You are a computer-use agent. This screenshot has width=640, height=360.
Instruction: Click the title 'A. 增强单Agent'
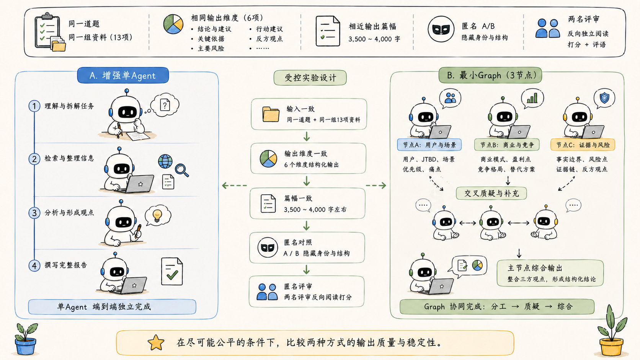pos(123,75)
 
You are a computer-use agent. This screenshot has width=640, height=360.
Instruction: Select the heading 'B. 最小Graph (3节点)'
pos(490,75)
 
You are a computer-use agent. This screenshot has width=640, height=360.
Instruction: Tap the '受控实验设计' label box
pos(310,78)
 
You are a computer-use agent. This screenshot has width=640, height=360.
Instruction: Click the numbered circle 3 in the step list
pos(34,213)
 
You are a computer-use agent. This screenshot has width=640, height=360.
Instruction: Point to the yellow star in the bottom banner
pos(156,342)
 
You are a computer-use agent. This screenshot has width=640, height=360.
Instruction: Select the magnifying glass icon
pos(182,170)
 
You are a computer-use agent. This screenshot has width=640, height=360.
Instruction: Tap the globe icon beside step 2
pos(165,161)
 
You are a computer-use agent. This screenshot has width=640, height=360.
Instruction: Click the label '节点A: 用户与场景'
pos(429,145)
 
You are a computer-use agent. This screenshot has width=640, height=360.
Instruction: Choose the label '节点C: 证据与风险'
pos(583,145)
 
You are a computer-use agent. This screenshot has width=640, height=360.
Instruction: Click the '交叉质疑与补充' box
pos(491,193)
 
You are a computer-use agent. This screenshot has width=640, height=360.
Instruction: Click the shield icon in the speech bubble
pos(604,98)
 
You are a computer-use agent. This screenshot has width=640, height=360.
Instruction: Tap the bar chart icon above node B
pos(532,98)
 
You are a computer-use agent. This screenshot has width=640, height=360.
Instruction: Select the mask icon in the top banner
pos(441,29)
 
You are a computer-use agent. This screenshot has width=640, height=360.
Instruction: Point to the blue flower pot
pos(25,346)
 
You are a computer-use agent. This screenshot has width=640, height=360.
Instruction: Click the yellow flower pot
pos(611,347)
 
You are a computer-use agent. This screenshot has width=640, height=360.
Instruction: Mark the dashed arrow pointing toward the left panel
pos(234,186)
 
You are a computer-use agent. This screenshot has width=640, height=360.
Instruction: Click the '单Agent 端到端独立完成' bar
pos(112,307)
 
